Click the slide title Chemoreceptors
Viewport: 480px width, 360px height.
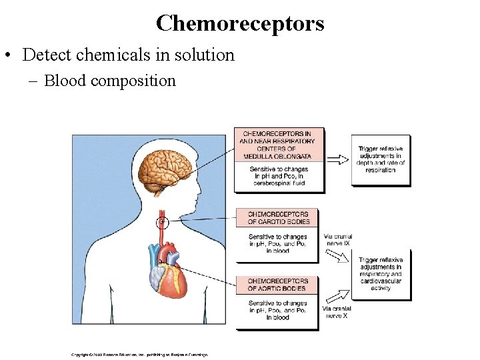[x=240, y=23]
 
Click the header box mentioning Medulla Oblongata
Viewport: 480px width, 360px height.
[x=278, y=145]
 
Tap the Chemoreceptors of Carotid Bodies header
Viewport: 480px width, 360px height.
[x=277, y=218]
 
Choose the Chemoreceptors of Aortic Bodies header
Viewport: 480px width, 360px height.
[x=277, y=285]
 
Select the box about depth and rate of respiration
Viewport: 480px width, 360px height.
[x=381, y=159]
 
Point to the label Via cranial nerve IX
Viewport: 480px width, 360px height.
[x=337, y=240]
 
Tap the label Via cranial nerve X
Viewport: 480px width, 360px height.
[x=337, y=312]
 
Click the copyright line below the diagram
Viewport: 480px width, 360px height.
[x=140, y=354]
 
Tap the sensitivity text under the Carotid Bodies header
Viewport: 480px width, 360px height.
[x=277, y=244]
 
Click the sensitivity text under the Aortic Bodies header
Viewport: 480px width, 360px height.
[x=277, y=310]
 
